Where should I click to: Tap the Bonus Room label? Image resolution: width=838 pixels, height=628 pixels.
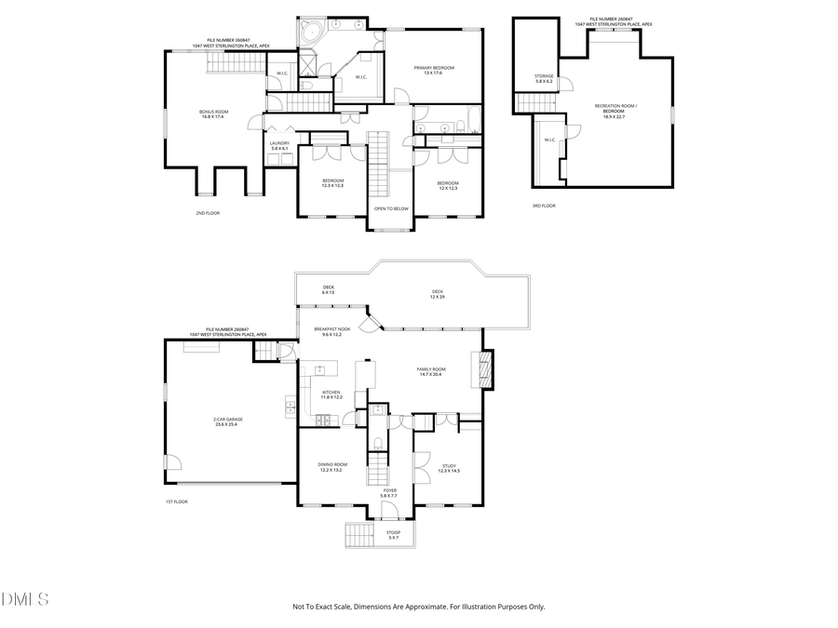pyautogui.click(x=213, y=114)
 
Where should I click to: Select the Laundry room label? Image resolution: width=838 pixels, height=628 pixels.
pyautogui.click(x=279, y=146)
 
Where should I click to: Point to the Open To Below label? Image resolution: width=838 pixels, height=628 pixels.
pyautogui.click(x=391, y=208)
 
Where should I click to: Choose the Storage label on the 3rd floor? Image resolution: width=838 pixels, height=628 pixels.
pyautogui.click(x=544, y=79)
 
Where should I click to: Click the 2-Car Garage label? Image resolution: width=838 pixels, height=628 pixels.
pyautogui.click(x=227, y=421)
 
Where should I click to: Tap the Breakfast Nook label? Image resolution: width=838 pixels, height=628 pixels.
pyautogui.click(x=331, y=331)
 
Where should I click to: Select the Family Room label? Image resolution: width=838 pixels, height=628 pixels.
pyautogui.click(x=430, y=371)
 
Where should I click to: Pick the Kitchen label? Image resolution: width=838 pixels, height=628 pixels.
pyautogui.click(x=331, y=394)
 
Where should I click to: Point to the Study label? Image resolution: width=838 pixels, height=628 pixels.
pyautogui.click(x=449, y=468)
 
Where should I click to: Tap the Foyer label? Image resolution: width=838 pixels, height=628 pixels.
pyautogui.click(x=389, y=493)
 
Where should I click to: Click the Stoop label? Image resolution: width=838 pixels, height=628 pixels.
pyautogui.click(x=393, y=535)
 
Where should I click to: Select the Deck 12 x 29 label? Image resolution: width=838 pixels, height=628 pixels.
pyautogui.click(x=437, y=293)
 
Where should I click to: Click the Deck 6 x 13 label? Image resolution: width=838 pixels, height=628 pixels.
pyautogui.click(x=329, y=289)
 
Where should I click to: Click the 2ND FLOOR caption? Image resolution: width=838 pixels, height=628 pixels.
pyautogui.click(x=208, y=213)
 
